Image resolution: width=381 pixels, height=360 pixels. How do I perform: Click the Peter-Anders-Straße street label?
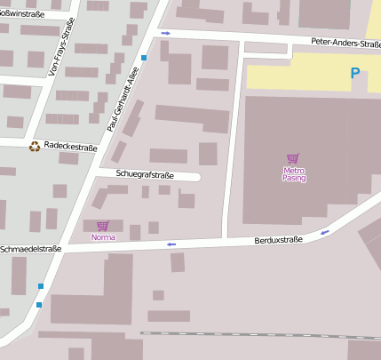pos(345,43)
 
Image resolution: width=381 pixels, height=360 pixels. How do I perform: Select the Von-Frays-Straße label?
pos(50,50)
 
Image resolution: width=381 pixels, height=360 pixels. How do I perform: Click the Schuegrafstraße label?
pos(144,175)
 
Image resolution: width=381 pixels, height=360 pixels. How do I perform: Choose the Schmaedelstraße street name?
pos(31,249)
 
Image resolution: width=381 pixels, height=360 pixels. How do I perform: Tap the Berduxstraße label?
pos(278,239)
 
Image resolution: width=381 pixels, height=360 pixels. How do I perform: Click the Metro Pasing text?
pos(294,173)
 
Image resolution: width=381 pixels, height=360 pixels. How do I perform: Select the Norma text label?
pos(103,237)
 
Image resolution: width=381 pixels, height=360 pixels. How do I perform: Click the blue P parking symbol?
pos(356,74)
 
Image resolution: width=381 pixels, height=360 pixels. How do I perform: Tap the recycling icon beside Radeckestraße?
pos(35,146)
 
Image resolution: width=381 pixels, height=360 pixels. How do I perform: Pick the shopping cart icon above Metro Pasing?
pos(293,158)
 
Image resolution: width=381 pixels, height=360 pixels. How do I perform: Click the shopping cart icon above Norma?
pos(102,226)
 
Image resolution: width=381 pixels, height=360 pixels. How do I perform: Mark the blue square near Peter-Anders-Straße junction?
pos(144,57)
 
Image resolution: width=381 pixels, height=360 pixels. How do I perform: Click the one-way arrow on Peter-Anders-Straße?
pos(165,33)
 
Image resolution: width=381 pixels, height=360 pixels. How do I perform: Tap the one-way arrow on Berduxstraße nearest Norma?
pos(171,244)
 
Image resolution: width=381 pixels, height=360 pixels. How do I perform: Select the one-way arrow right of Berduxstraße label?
pos(324,232)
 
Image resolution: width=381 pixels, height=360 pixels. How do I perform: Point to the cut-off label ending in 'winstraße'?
pos(22,14)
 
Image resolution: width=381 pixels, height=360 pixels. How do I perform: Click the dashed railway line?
pos(258,336)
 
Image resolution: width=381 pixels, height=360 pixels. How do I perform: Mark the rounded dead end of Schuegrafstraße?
pos(197,176)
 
